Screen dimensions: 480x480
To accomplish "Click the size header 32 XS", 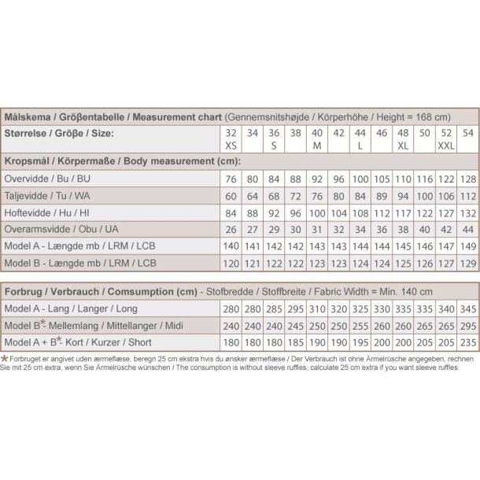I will point(230,139).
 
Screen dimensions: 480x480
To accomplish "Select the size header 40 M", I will point(317,139).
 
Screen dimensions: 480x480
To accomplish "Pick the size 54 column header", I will point(467,134).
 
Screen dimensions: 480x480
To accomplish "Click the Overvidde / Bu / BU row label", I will point(47,179).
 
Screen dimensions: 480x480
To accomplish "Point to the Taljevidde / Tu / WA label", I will point(47,195).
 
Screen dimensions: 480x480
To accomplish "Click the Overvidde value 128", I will point(467,179).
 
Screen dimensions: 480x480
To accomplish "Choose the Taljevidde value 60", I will point(231,195).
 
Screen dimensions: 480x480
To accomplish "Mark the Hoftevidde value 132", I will point(467,212).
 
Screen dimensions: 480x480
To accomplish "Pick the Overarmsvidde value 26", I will point(231,228).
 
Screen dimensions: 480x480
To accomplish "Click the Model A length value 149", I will point(467,245).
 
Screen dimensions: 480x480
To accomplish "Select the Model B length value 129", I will point(467,261).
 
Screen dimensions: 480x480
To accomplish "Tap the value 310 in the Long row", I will point(317,309).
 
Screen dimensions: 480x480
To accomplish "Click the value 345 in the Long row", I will point(467,309).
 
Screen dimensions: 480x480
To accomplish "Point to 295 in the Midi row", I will point(467,326).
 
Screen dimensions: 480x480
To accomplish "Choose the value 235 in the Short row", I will point(467,342).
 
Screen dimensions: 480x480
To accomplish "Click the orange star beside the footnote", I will point(6,359).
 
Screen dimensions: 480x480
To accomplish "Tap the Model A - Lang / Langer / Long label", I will point(71,309).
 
